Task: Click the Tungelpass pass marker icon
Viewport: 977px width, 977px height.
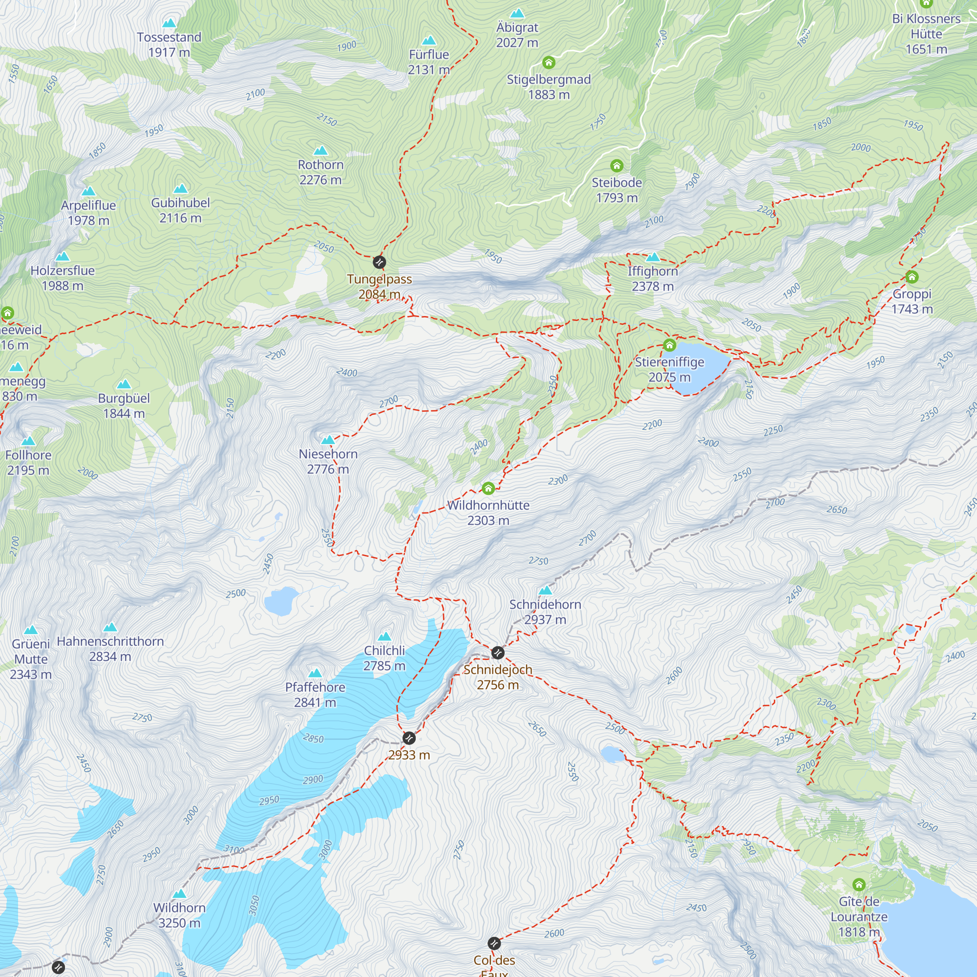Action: tap(379, 262)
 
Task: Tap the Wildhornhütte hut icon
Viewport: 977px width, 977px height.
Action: tap(488, 488)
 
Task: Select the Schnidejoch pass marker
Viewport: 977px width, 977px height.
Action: tap(498, 653)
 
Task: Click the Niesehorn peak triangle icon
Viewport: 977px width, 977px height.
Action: tap(328, 440)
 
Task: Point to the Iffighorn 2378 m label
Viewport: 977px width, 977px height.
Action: tap(652, 278)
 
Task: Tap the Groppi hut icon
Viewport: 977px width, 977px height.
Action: tap(912, 277)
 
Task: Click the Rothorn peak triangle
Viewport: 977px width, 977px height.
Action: tap(320, 150)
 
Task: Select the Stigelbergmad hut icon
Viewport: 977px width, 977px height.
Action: tap(549, 63)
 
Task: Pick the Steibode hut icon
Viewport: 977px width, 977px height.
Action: tap(616, 166)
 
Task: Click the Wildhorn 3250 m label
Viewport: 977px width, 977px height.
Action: tap(179, 915)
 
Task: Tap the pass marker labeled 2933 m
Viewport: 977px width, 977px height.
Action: tap(409, 738)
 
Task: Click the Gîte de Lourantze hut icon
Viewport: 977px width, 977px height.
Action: tap(859, 885)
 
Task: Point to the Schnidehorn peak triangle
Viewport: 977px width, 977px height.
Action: tap(545, 590)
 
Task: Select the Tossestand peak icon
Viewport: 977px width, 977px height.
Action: tap(169, 23)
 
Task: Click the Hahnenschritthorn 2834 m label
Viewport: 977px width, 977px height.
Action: tap(110, 649)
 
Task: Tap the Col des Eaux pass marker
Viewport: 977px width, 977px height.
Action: tap(494, 943)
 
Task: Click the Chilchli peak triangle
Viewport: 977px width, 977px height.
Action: tap(384, 636)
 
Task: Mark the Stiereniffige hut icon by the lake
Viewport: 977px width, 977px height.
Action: tap(670, 345)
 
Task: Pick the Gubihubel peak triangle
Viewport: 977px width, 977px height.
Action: tap(181, 189)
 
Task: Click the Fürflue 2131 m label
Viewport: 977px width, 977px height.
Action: tap(429, 62)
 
